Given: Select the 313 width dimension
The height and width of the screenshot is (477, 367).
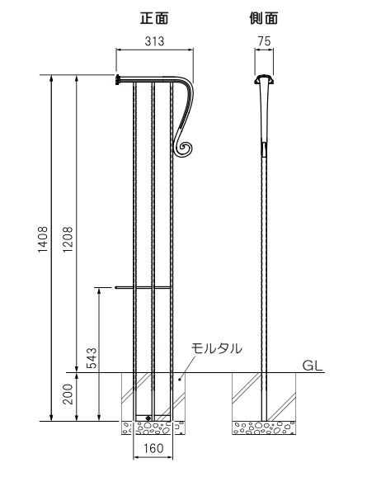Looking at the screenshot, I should coord(154,42).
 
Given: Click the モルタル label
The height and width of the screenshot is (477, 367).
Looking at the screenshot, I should coord(216,348).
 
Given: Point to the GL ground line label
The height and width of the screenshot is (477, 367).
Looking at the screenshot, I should coord(313,362).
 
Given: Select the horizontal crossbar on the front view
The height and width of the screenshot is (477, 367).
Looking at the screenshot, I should coord(144,287).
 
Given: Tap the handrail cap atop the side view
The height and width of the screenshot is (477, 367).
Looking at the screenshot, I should coord(263,79).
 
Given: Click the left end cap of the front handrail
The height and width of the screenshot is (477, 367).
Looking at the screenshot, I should coord(118,79).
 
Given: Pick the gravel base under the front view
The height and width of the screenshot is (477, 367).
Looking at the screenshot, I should coord(153,427).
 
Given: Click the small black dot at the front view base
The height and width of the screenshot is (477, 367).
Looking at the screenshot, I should coord(148,418).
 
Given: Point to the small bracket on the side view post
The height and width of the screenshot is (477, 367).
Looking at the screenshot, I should coord(264,149).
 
